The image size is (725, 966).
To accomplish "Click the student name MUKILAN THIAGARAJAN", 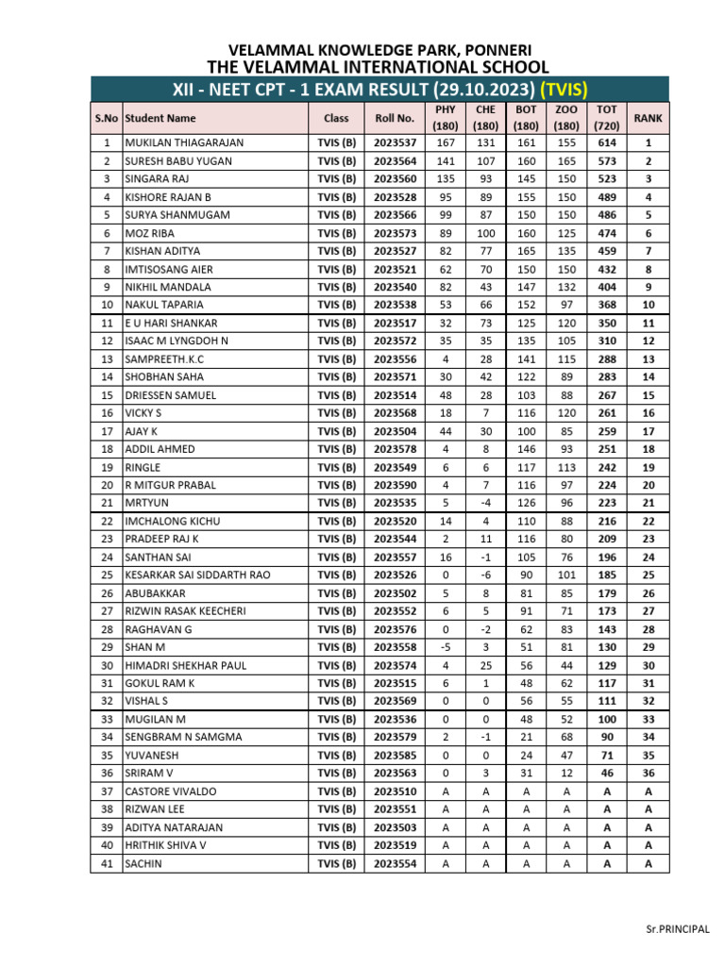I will coord(184,142).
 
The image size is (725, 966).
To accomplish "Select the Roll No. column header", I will coord(395,118).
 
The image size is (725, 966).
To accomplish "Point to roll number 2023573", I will coord(395,233).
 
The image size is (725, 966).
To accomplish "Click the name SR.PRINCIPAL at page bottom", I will coord(677,929).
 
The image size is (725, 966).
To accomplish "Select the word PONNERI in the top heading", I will coord(497,49).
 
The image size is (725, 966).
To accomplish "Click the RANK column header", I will coord(648,118).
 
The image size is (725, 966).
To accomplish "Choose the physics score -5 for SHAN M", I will coord(446,647).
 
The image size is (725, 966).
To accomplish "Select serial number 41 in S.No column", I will coord(107,863).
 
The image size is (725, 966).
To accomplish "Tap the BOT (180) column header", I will coord(526,118).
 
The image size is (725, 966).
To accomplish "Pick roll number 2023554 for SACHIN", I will coord(395,863).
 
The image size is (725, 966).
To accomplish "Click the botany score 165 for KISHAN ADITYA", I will coord(526,251).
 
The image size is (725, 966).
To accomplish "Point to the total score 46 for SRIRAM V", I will coord(607,773).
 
